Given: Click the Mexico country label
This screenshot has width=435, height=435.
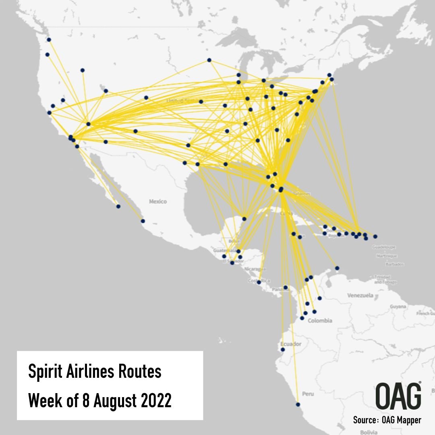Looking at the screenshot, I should [158, 201].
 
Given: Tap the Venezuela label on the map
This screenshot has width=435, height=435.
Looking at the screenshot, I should [360, 295].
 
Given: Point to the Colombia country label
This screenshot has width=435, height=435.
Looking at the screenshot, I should [320, 321].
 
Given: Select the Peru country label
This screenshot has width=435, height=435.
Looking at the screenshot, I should [308, 394].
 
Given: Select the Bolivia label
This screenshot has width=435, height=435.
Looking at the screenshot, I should [369, 432].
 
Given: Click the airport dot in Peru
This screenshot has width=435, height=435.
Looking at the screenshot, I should [298, 404].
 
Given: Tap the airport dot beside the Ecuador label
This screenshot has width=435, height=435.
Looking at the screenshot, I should [283, 350].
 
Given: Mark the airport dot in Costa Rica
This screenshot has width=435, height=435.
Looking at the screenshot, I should [259, 282].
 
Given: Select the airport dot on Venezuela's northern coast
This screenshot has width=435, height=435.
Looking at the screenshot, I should [337, 268].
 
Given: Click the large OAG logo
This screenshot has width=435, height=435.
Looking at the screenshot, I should [398, 396].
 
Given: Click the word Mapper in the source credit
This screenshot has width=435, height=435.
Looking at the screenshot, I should [407, 420].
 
